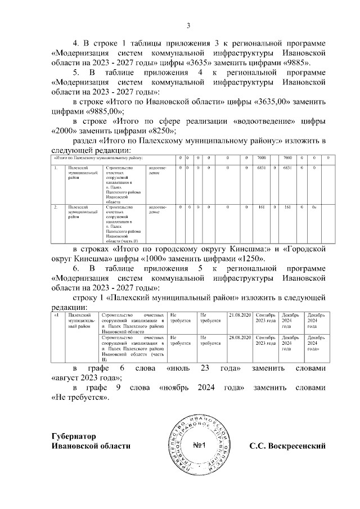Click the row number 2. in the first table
(x=56, y=208)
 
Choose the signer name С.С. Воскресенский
(x=288, y=446)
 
